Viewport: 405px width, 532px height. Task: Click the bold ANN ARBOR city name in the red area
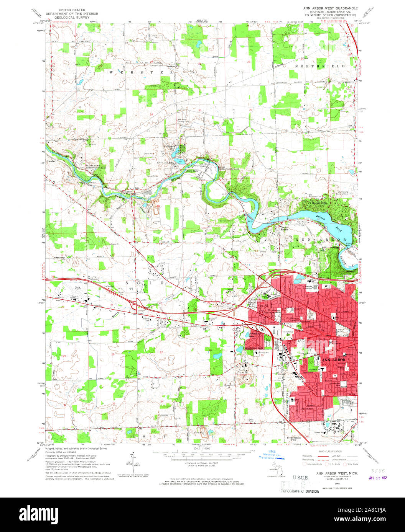[x=333, y=360]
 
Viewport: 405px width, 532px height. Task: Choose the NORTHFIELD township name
[x=320, y=66]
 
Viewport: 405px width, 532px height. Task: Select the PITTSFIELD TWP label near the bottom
[x=295, y=437]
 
